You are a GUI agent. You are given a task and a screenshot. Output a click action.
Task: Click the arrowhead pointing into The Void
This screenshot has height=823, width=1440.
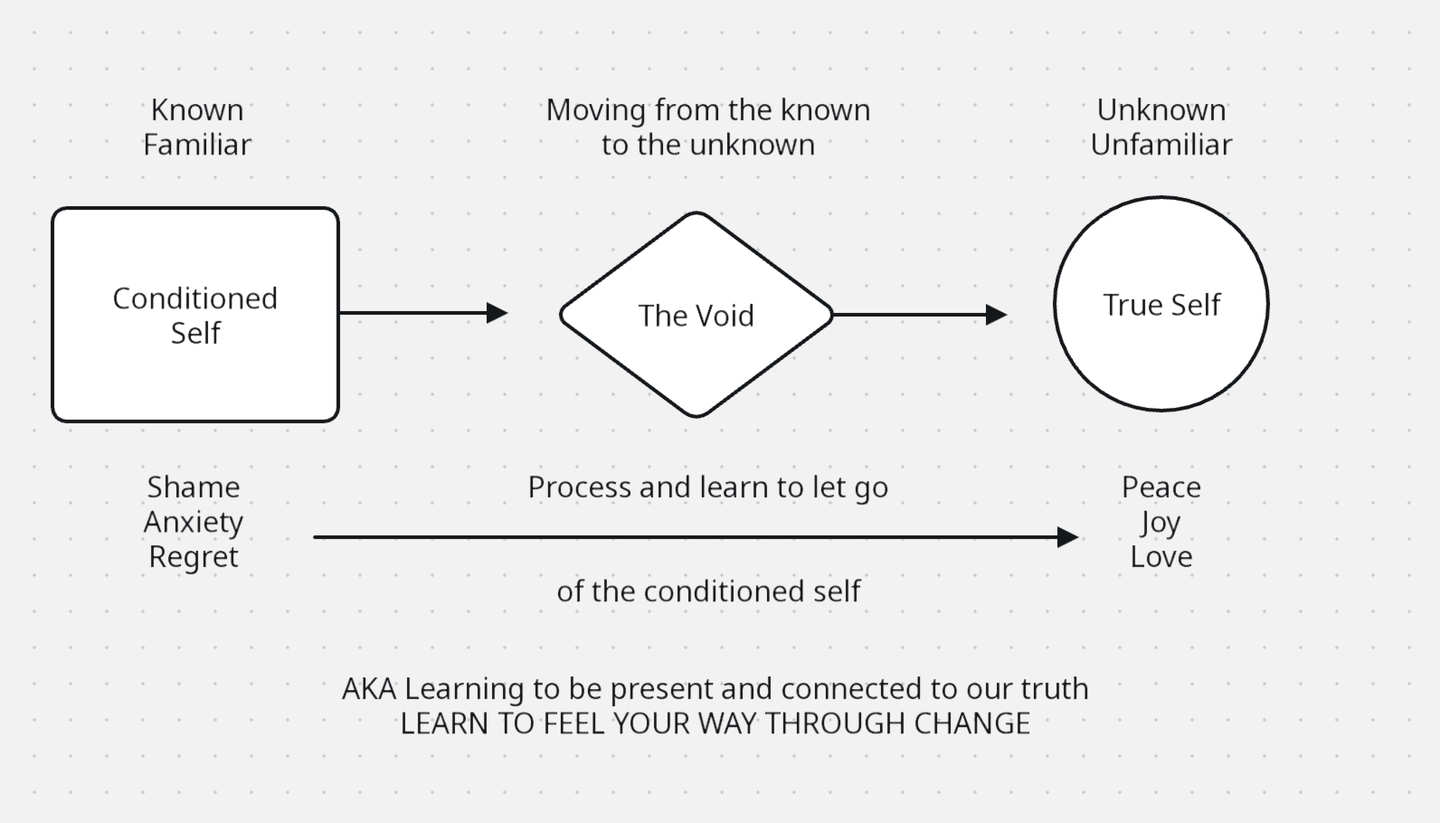497,313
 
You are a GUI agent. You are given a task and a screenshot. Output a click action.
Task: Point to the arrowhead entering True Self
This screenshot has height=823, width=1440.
996,315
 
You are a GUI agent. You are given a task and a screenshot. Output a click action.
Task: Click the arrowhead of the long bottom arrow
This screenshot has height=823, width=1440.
1067,537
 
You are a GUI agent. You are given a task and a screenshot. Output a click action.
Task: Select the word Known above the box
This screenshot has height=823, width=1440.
197,110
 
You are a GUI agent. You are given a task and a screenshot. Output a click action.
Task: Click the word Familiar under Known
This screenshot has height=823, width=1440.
197,145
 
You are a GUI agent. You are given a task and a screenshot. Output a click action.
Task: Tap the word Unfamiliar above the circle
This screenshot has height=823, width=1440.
1161,145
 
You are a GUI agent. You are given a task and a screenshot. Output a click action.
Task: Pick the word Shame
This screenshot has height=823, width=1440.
194,487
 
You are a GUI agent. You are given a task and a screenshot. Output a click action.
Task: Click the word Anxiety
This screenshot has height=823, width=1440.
194,522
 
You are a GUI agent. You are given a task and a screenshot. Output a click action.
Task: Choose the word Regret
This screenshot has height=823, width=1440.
194,556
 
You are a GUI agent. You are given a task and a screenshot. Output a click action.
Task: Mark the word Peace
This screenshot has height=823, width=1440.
1161,487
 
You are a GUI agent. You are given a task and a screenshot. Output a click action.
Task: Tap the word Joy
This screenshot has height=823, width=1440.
1161,522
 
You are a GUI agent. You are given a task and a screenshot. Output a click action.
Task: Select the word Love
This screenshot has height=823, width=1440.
1161,556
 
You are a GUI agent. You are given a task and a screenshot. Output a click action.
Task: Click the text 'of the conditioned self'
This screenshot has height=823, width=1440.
708,591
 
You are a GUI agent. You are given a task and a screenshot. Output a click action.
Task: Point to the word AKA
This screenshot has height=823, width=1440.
369,689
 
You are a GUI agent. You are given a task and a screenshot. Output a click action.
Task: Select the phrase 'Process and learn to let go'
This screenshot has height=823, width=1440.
708,487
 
